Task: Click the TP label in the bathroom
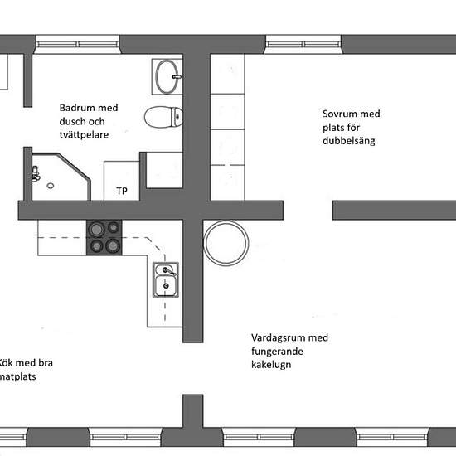(x=122, y=191)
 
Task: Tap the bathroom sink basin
(x=167, y=77)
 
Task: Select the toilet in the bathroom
(x=163, y=117)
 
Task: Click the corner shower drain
(x=51, y=186)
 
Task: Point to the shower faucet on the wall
(x=36, y=173)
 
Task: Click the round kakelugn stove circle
(x=226, y=243)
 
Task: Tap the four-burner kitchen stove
(x=104, y=238)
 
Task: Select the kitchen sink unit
(x=166, y=279)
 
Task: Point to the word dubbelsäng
(x=349, y=141)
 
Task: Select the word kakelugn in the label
(x=271, y=365)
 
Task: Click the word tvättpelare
(x=84, y=135)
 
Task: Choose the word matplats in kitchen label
(x=17, y=377)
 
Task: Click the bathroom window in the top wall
(x=77, y=44)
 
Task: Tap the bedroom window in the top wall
(x=303, y=44)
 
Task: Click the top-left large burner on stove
(x=96, y=230)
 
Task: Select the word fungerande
(x=277, y=352)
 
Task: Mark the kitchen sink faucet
(x=167, y=271)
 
